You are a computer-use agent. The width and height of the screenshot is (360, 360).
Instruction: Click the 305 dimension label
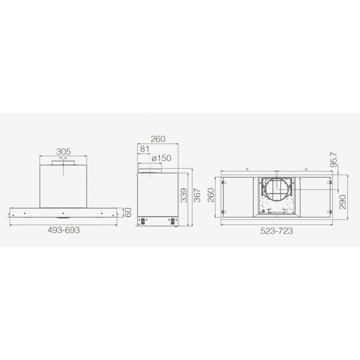pyautogui.click(x=63, y=152)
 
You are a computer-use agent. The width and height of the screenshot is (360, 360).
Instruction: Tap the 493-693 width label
pyautogui.click(x=63, y=230)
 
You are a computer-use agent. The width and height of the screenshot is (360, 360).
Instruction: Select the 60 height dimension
pyautogui.click(x=129, y=212)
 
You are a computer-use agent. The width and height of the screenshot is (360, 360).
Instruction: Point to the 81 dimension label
pyautogui.click(x=145, y=149)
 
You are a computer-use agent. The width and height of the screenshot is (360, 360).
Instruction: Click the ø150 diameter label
pyautogui.click(x=162, y=158)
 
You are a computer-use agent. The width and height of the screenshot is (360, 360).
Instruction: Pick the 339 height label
pyautogui.click(x=184, y=195)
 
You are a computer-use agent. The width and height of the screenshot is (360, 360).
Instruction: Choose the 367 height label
pyautogui.click(x=197, y=195)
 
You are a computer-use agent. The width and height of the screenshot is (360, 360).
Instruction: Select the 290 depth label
pyautogui.click(x=342, y=202)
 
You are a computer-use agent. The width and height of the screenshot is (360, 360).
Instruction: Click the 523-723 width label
pyautogui.click(x=277, y=231)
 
